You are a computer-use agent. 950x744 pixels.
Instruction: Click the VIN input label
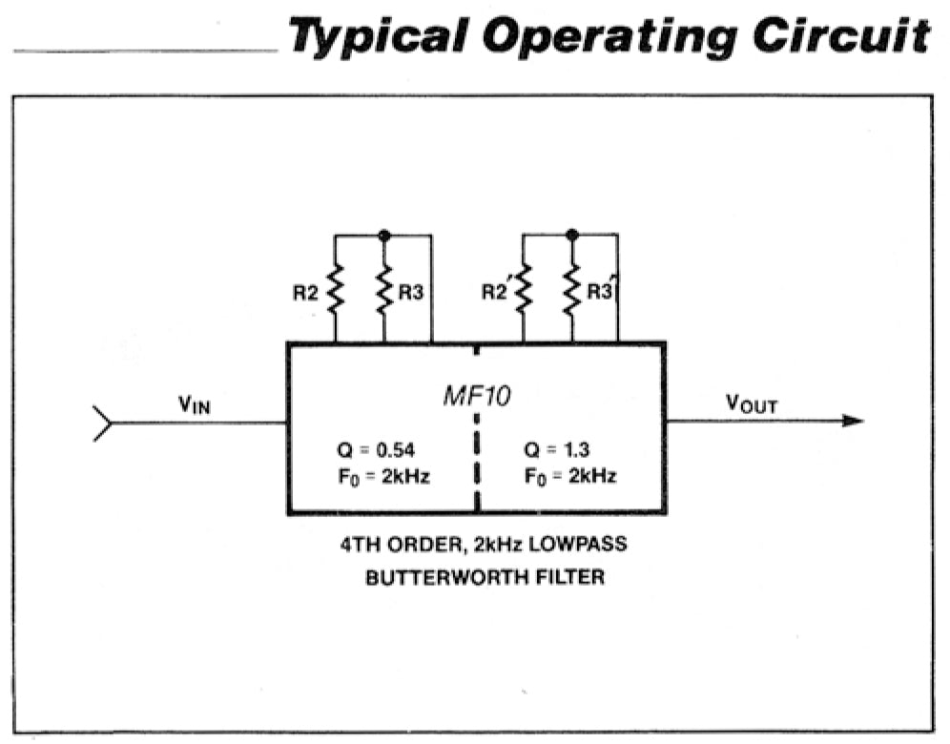coord(195,403)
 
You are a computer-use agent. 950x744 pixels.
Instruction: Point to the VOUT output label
coord(752,403)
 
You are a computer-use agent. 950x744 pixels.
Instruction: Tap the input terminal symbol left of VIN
coord(101,422)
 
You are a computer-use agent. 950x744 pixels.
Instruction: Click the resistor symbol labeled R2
coord(335,290)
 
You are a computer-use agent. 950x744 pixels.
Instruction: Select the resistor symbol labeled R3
coord(383,290)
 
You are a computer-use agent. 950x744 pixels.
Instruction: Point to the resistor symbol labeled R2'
coord(523,290)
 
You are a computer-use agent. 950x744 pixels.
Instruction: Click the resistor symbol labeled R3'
coord(571,290)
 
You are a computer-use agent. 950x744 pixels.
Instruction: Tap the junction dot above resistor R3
coord(383,235)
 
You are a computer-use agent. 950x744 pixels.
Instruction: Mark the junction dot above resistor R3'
coord(571,235)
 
